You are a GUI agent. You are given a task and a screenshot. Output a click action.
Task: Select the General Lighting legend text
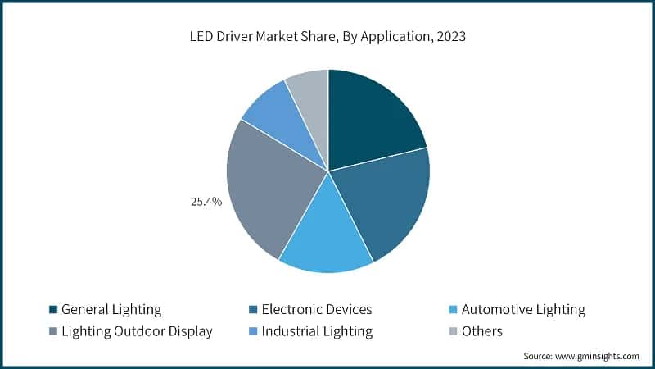coord(111,310)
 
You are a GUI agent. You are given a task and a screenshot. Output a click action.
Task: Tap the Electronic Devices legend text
coord(316,310)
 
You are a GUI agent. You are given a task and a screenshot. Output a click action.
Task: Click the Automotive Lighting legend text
coord(523,310)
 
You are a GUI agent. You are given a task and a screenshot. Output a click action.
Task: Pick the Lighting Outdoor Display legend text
coord(137,331)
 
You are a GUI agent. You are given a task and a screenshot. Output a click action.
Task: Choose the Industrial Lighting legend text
coord(317,331)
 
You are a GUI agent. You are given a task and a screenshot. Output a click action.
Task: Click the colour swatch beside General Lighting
coord(53,310)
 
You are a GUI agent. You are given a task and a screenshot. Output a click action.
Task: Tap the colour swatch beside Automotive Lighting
coord(454,310)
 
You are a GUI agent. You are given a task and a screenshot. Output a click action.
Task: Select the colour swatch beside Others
coord(454,331)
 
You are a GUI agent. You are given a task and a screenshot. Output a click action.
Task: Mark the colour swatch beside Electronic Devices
coord(253,310)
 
